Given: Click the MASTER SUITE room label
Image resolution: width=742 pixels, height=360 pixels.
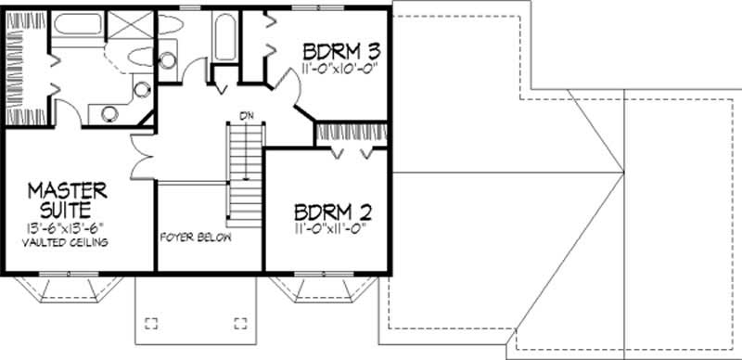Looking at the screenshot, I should [x=67, y=200].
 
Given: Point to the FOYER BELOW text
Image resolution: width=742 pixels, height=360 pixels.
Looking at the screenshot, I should [x=196, y=237].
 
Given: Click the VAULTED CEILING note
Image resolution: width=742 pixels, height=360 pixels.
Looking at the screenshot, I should [x=68, y=242].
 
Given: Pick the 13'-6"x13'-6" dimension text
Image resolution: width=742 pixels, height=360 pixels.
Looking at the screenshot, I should [x=67, y=227].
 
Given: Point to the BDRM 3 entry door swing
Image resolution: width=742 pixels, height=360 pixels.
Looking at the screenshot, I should [x=288, y=87].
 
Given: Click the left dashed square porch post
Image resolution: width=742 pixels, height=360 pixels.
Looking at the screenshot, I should [x=152, y=323].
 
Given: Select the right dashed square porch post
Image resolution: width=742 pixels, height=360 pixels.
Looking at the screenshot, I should [x=241, y=323].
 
